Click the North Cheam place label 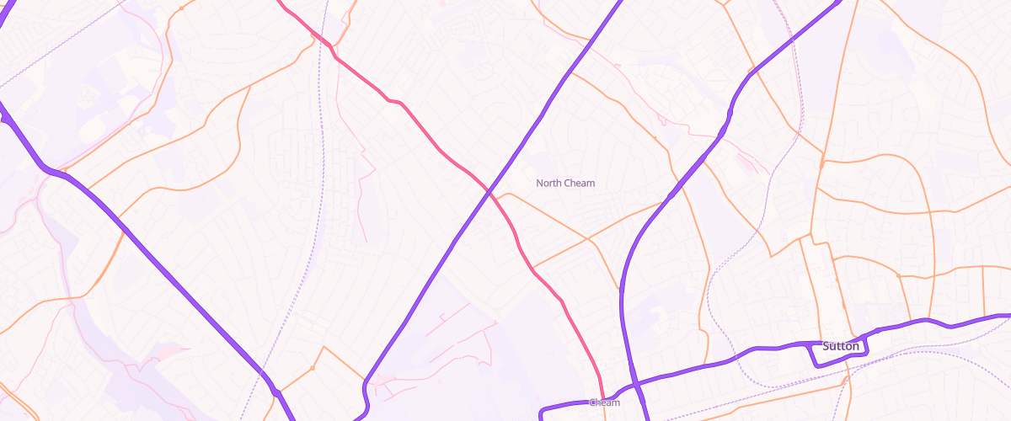[x=565, y=183]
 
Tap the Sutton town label [x=840, y=346]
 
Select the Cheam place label [x=605, y=402]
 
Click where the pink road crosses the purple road [x=489, y=193]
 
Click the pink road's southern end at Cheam [x=602, y=396]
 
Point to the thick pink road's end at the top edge [x=279, y=2]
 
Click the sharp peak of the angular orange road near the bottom [x=323, y=346]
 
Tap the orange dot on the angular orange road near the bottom [x=312, y=368]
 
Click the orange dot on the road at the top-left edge [x=181, y=8]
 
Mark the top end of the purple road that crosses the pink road [x=620, y=3]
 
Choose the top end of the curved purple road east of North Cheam [x=839, y=3]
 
